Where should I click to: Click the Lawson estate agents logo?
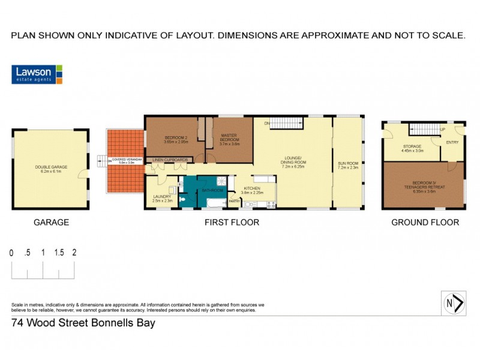(x=37, y=74)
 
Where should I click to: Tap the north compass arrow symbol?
(x=454, y=303)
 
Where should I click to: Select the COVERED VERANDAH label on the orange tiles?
(x=125, y=160)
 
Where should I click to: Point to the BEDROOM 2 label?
(x=176, y=139)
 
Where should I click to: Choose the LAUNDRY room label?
(x=162, y=196)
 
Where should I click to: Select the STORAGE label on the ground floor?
(x=413, y=146)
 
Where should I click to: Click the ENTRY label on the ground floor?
(x=452, y=142)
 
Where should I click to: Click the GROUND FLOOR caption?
(x=425, y=222)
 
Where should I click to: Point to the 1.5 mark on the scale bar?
(x=59, y=253)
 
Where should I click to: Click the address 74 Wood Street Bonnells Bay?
(x=83, y=323)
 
